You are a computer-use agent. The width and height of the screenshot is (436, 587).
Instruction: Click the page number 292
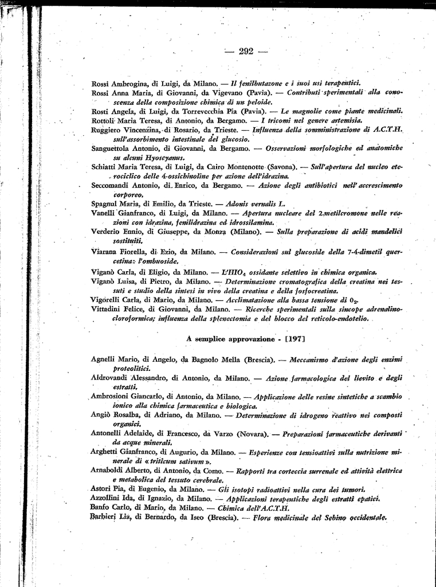[246, 52]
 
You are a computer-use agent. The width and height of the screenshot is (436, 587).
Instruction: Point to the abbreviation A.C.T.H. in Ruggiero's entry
[388, 130]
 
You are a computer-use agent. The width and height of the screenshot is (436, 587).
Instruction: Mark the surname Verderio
[107, 231]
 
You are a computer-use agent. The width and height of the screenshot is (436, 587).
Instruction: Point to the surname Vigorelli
[108, 299]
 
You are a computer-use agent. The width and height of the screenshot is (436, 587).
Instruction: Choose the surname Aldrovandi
[112, 378]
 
